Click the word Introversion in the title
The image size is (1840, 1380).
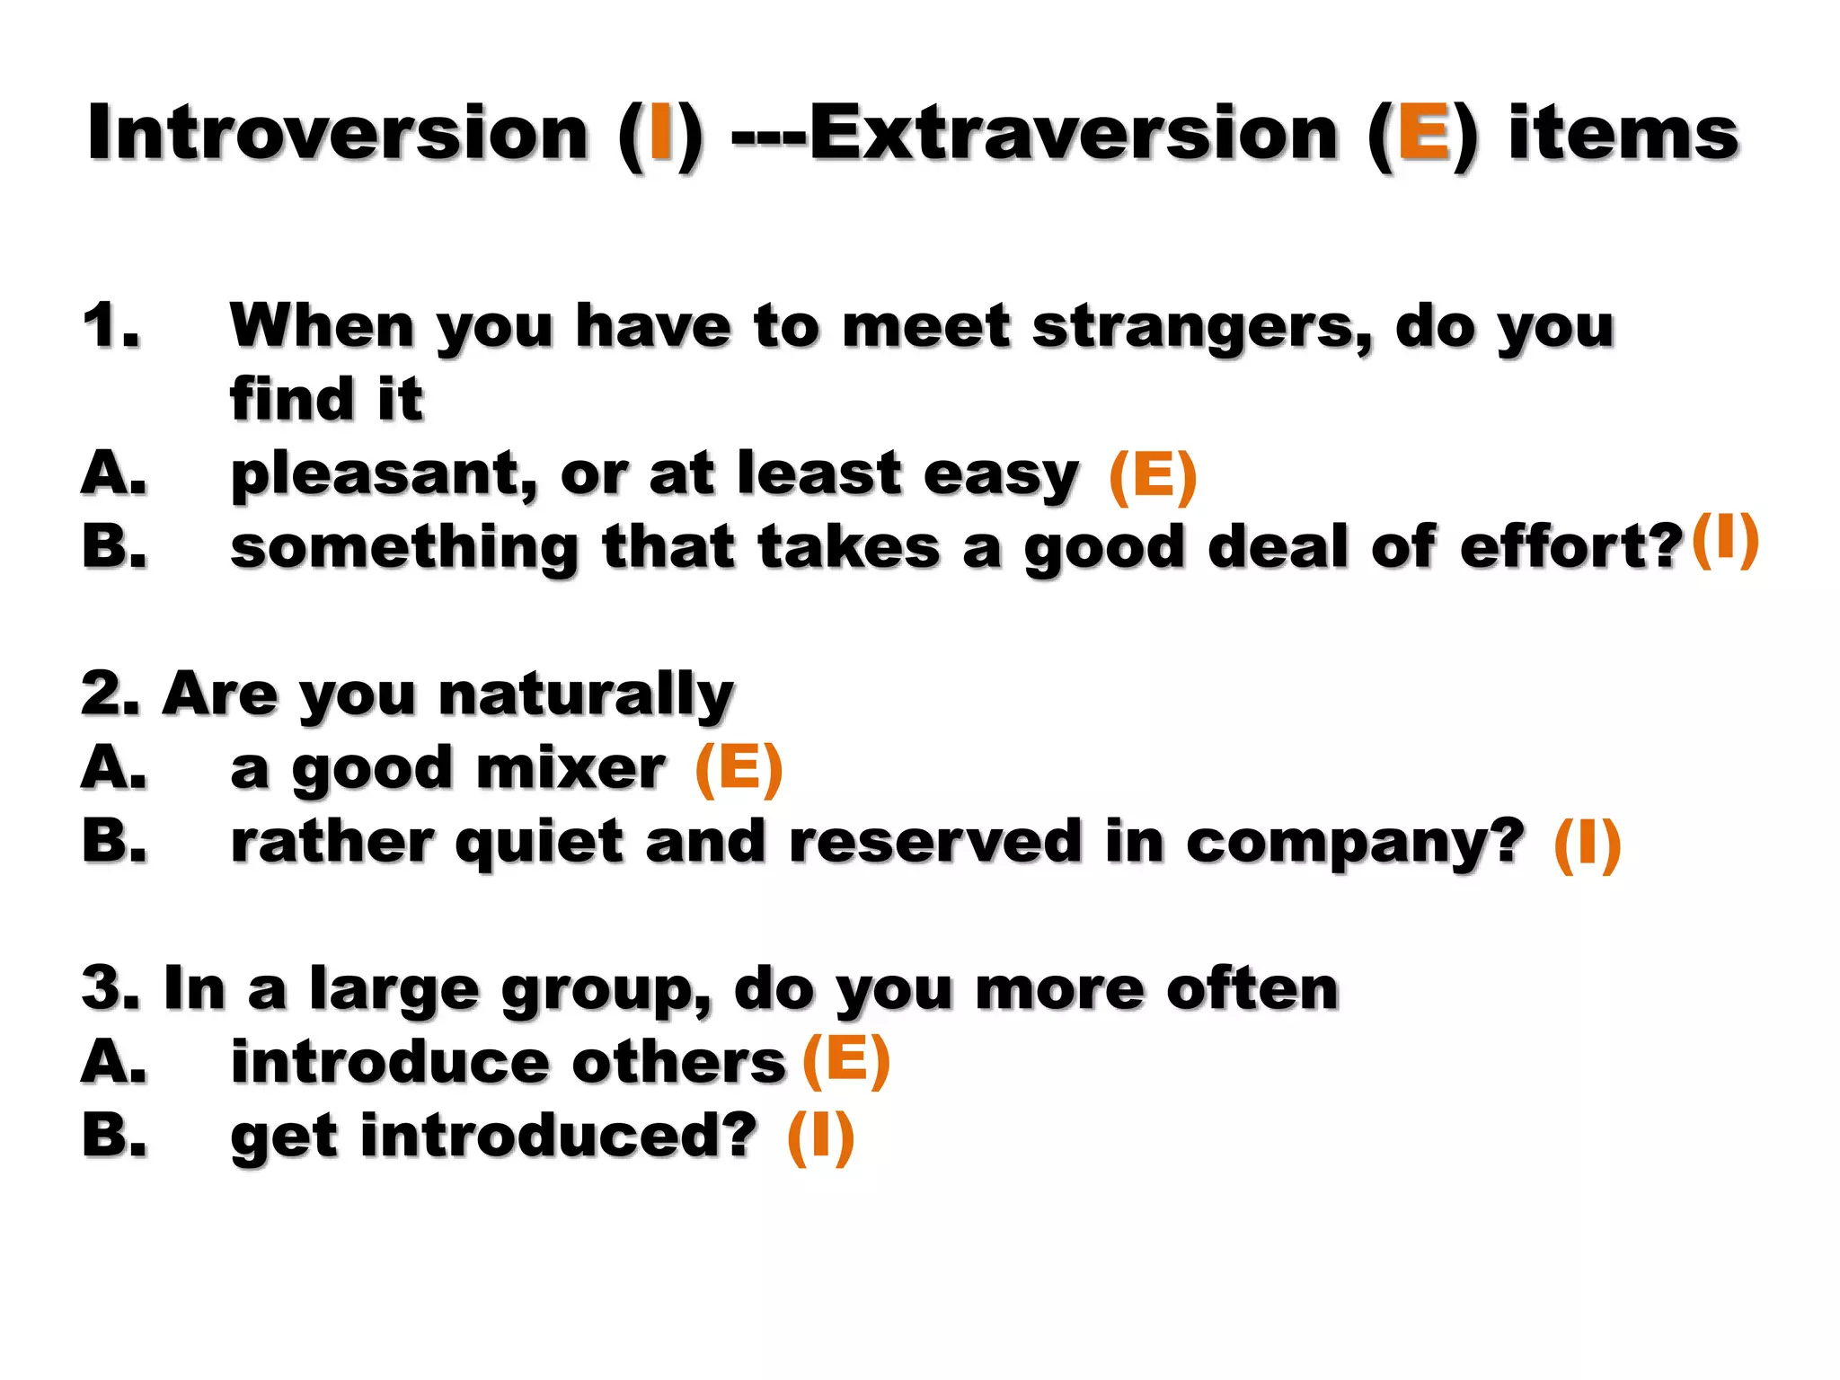pyautogui.click(x=337, y=133)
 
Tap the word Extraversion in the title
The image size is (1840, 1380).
pyautogui.click(x=1074, y=133)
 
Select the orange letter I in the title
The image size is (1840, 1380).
pyautogui.click(x=661, y=133)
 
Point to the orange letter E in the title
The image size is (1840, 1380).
pyautogui.click(x=1423, y=133)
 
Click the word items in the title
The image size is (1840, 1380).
pyautogui.click(x=1623, y=133)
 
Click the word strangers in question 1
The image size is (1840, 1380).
pyautogui.click(x=1202, y=327)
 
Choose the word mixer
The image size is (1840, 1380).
pyautogui.click(x=571, y=769)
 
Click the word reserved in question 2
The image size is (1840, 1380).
pyautogui.click(x=934, y=843)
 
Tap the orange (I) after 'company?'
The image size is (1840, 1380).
pyautogui.click(x=1587, y=845)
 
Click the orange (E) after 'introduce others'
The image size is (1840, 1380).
pyautogui.click(x=845, y=1060)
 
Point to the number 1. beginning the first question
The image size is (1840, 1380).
pyautogui.click(x=111, y=325)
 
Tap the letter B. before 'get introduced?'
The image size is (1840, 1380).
pyautogui.click(x=114, y=1136)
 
